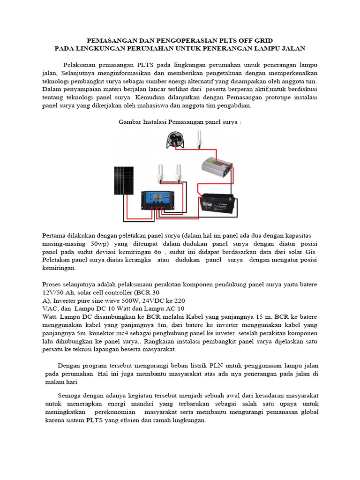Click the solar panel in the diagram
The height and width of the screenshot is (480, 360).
[x=123, y=180]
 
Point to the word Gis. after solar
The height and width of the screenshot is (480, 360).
[x=311, y=252]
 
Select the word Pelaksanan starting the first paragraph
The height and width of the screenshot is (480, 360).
[x=81, y=65]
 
